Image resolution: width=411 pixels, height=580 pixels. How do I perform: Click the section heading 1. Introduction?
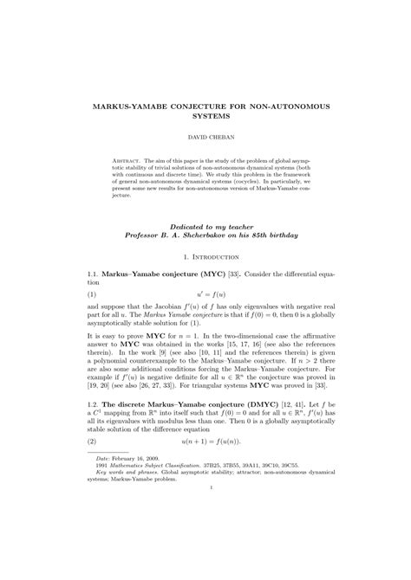[205, 258]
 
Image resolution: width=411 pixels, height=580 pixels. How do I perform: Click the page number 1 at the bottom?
[205, 538]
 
